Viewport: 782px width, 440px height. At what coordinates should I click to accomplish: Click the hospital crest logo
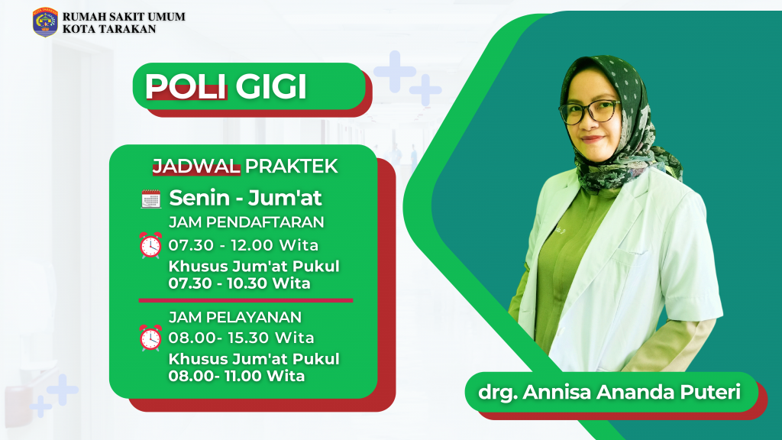(x=45, y=22)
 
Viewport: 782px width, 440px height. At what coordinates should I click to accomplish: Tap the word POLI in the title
(x=186, y=86)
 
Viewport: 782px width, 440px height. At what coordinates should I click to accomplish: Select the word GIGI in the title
(x=271, y=86)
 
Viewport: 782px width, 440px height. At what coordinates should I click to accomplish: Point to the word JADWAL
(x=196, y=166)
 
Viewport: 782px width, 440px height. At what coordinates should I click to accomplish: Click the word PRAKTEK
(x=291, y=166)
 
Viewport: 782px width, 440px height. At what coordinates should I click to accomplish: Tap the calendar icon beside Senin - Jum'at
(x=150, y=199)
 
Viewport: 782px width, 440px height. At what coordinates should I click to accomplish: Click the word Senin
(x=199, y=198)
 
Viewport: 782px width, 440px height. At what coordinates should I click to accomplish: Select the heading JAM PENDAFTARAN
(x=247, y=222)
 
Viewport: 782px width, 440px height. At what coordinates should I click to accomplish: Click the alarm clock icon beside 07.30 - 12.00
(x=150, y=245)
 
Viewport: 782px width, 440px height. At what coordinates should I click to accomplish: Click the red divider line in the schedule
(x=245, y=300)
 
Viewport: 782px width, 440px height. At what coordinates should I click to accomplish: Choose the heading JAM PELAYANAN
(x=235, y=317)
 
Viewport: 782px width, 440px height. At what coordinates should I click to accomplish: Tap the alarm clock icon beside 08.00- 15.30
(x=150, y=338)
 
